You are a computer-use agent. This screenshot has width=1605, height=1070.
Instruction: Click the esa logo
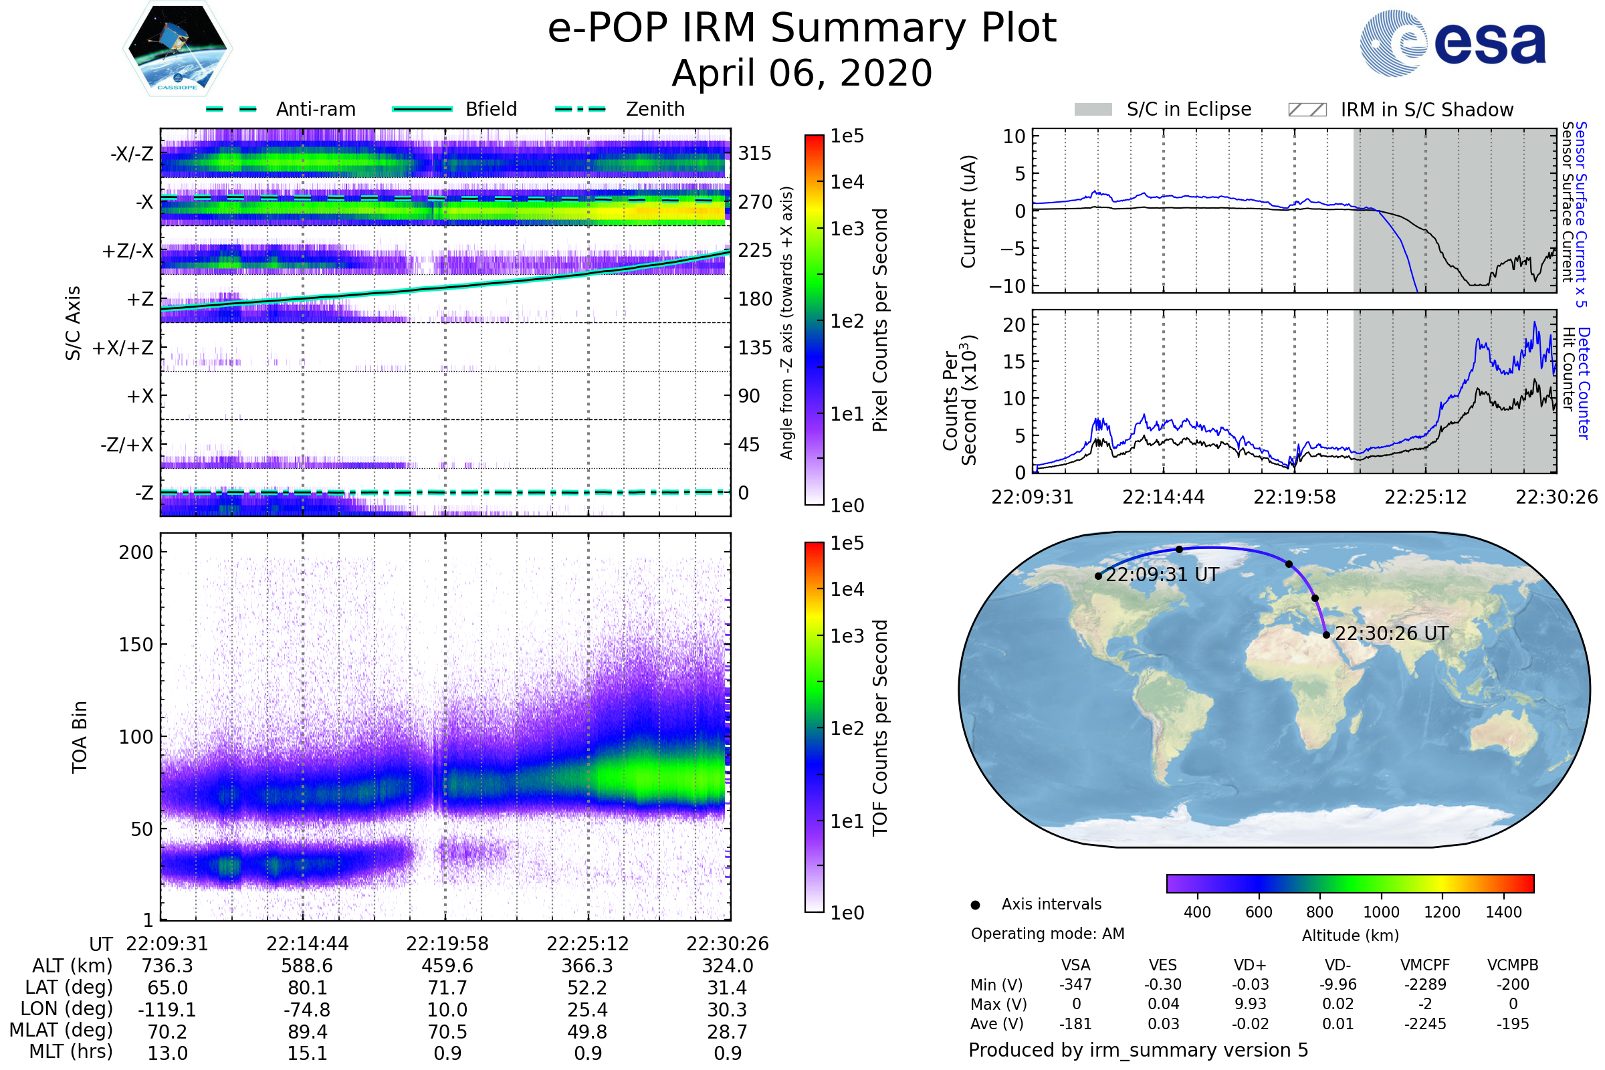pos(1453,43)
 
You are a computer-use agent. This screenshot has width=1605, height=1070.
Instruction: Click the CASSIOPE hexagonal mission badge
pos(177,48)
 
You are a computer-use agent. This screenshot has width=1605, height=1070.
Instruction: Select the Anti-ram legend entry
pos(280,109)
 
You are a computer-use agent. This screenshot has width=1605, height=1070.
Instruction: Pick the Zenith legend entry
pos(620,109)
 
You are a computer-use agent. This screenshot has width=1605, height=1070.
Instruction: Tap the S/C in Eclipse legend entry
pos(1163,109)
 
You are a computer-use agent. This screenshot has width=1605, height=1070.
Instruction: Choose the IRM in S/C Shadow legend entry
pos(1401,110)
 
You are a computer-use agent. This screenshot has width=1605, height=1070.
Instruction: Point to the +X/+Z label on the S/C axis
pos(123,348)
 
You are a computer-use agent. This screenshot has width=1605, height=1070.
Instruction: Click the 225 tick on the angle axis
pos(755,250)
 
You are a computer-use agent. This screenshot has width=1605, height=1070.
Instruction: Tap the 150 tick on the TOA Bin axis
pos(136,645)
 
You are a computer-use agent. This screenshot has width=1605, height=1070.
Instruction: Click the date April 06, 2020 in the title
pos(802,73)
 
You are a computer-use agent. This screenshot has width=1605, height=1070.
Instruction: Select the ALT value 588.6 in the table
pos(307,966)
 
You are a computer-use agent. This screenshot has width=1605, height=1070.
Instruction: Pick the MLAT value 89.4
pos(308,1032)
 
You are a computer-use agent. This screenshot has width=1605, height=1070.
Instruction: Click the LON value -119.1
pos(167,1010)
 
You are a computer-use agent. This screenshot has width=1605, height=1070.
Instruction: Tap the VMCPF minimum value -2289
pos(1425,984)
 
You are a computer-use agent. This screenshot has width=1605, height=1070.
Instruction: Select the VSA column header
pos(1075,966)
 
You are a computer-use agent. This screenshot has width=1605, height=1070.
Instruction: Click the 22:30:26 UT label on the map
pos(1392,634)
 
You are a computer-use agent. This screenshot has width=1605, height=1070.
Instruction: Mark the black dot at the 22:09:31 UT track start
pos(1098,576)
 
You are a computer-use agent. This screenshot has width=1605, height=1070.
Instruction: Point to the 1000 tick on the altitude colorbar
pos(1381,912)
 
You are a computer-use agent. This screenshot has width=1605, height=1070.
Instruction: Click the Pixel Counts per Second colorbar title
pos(880,320)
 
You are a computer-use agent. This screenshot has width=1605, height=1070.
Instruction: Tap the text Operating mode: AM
pos(1047,934)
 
